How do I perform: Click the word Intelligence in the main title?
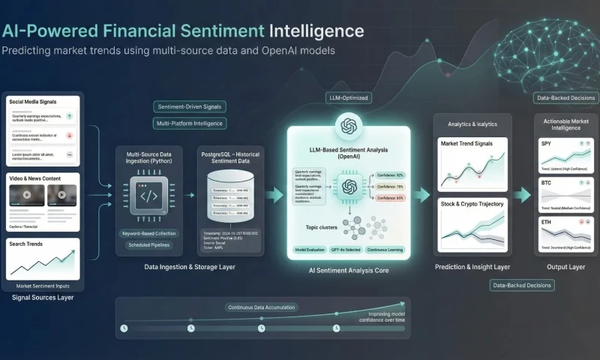click(x=316, y=31)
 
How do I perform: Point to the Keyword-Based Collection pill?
click(x=148, y=233)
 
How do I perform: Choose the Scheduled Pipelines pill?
click(x=148, y=245)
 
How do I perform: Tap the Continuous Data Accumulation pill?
click(x=262, y=307)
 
